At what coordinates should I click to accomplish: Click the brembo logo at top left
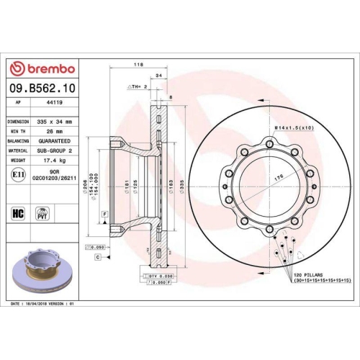[41, 68]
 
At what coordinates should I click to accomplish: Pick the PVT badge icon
[42, 213]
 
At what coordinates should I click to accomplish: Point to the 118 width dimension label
[138, 65]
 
